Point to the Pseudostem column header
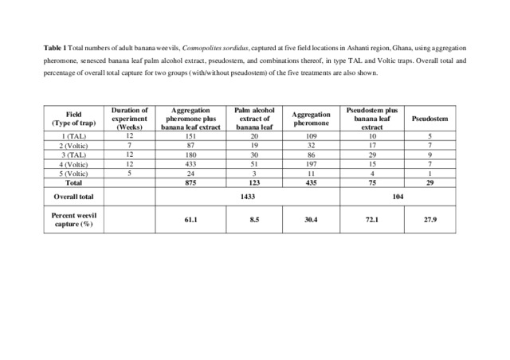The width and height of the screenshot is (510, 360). (x=430, y=119)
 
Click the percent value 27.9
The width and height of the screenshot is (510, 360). (x=430, y=219)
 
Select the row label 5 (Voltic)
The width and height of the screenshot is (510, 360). (x=73, y=172)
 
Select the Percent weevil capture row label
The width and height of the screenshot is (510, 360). (x=73, y=219)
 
